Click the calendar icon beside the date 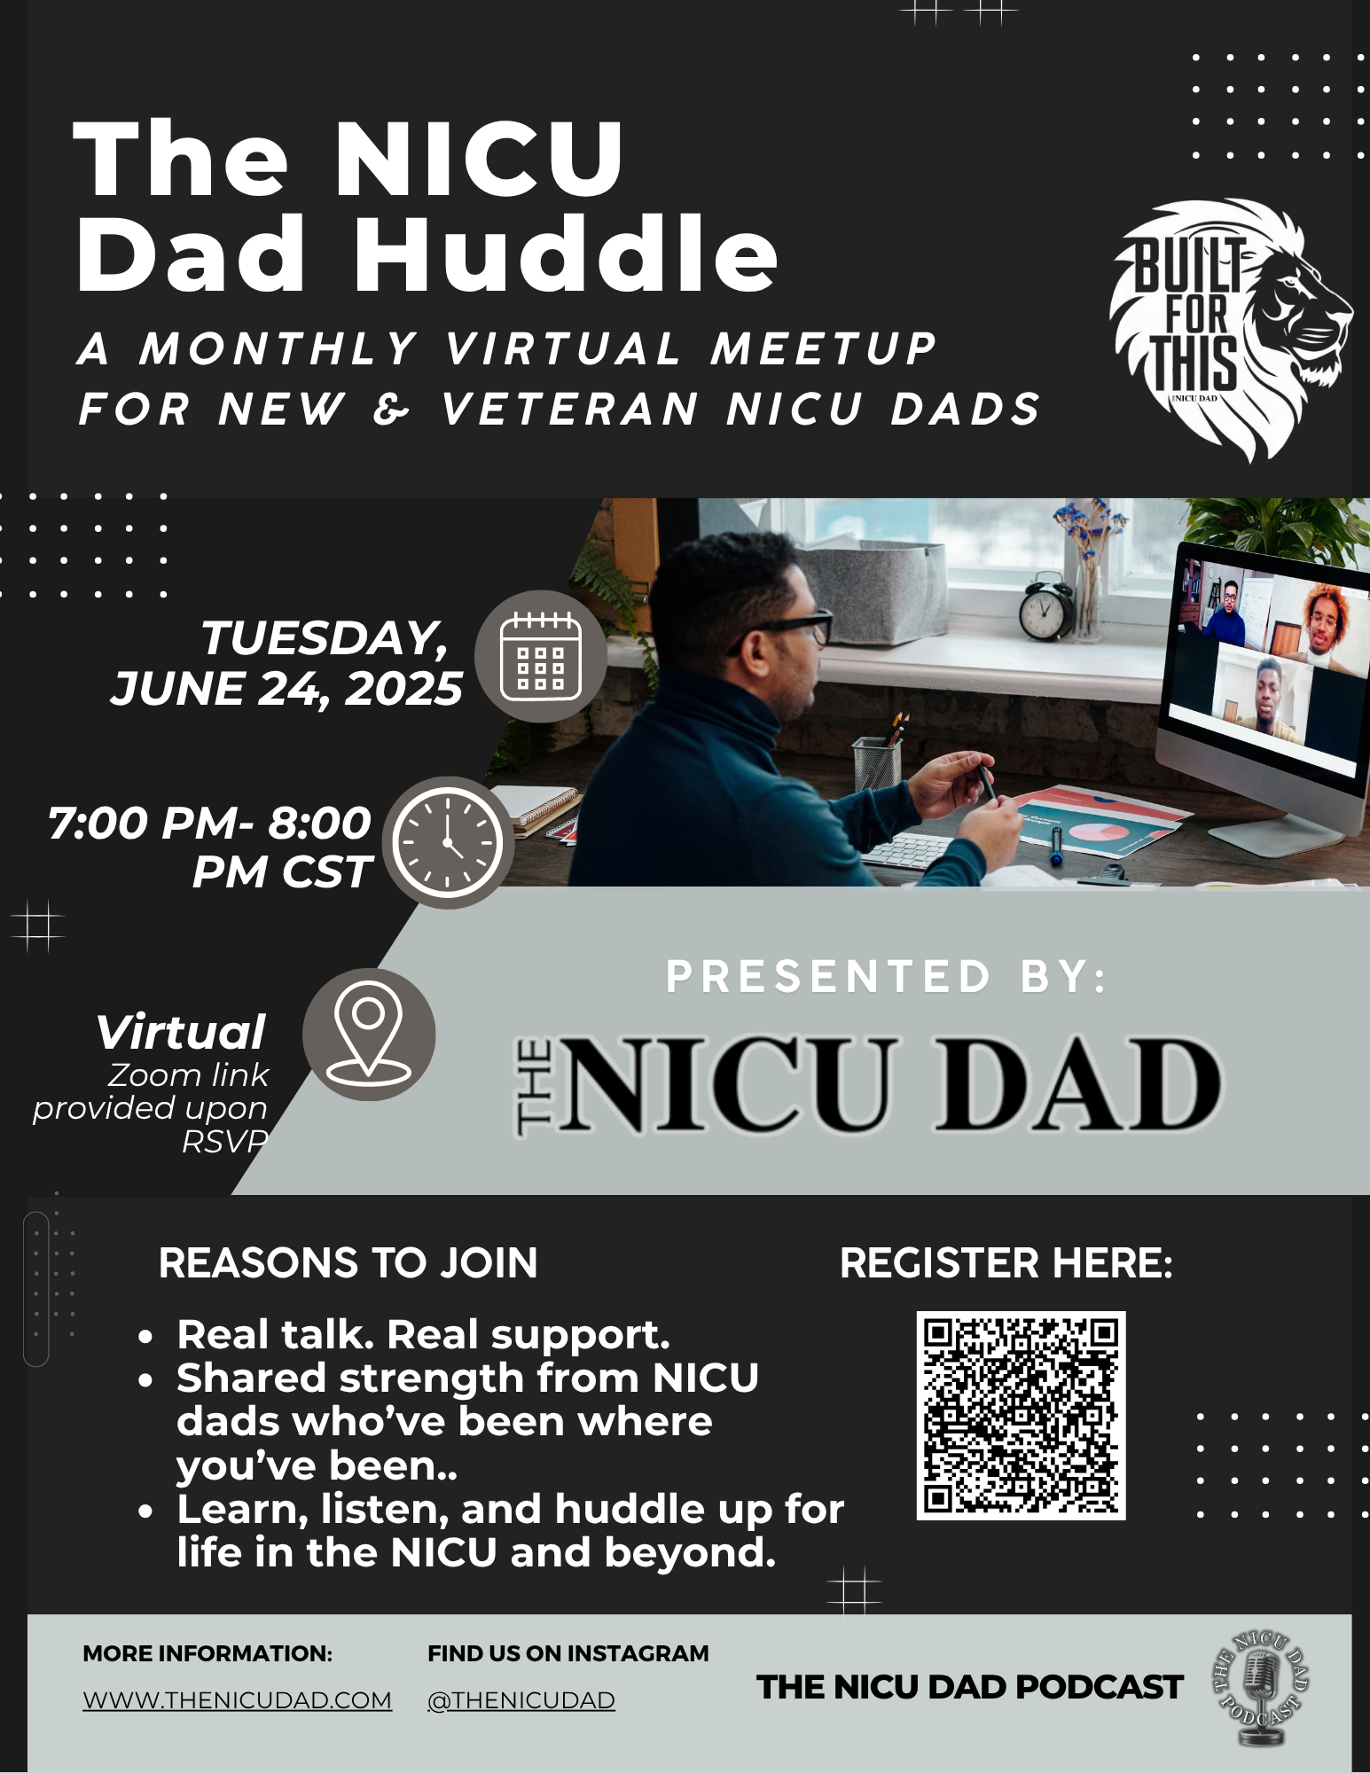click(541, 656)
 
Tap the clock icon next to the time click(448, 842)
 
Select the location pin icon click(369, 1034)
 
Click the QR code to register click(1021, 1415)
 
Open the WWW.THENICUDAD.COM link click(237, 1700)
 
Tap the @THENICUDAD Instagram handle click(521, 1700)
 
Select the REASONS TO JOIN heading click(348, 1262)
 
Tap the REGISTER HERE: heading click(1006, 1262)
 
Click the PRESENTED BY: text click(886, 977)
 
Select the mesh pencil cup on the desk click(876, 762)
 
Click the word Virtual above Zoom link click(181, 1032)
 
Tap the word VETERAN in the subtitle click(569, 410)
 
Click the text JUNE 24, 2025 click(286, 689)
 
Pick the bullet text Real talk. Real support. click(423, 1334)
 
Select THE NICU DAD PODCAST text click(969, 1687)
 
